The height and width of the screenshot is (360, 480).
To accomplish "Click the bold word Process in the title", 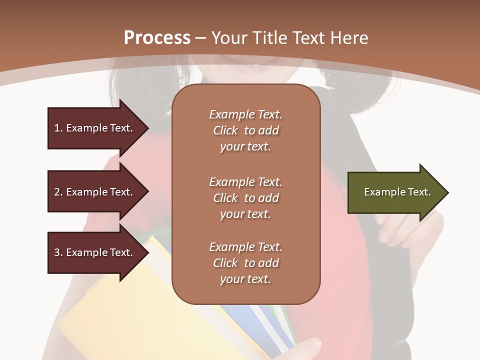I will pos(157,38).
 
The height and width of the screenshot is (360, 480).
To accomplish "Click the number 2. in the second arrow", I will pos(58,192).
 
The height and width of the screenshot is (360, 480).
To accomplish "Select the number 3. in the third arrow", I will pos(58,252).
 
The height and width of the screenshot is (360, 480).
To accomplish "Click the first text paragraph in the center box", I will pos(245,130).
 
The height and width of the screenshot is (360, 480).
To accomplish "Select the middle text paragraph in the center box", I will pos(245,198).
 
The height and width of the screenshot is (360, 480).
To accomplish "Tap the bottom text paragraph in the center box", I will pos(245,263).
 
